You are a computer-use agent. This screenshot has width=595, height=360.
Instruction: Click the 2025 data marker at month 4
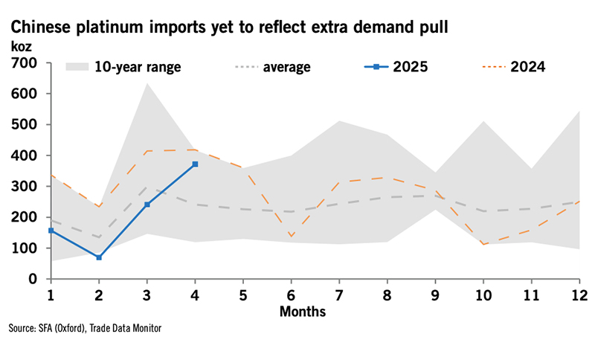[195, 164]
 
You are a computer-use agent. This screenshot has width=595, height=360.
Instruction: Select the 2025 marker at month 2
[99, 257]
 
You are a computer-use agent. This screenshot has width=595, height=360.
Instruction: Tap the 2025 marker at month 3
[147, 205]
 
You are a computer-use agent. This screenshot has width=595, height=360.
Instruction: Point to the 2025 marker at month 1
[51, 231]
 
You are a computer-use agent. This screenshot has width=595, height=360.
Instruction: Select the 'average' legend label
[286, 68]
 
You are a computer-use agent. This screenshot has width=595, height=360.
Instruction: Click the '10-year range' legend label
[138, 68]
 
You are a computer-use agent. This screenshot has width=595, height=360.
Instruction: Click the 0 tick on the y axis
[35, 279]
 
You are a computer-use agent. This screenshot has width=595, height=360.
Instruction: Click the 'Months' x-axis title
[303, 311]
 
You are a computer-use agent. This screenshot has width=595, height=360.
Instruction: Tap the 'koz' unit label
[22, 46]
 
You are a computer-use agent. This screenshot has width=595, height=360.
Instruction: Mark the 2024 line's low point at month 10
[483, 244]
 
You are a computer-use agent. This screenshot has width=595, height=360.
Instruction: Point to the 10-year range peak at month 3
[147, 83]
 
